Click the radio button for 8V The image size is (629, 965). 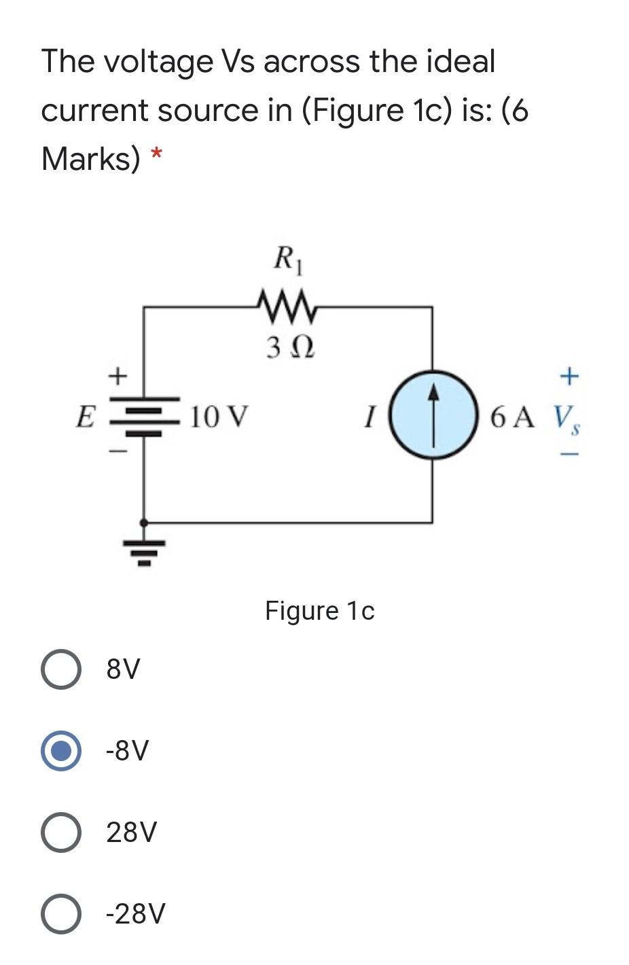point(61,669)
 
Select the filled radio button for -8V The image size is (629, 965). point(61,750)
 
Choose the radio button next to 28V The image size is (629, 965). point(61,832)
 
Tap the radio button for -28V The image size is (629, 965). point(61,913)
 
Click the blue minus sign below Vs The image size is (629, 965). point(569,454)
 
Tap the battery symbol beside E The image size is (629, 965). point(144,416)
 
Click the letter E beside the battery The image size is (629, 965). point(85,416)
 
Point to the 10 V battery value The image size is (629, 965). point(219,416)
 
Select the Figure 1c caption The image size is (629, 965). point(319,611)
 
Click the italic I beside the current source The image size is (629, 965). point(369,417)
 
